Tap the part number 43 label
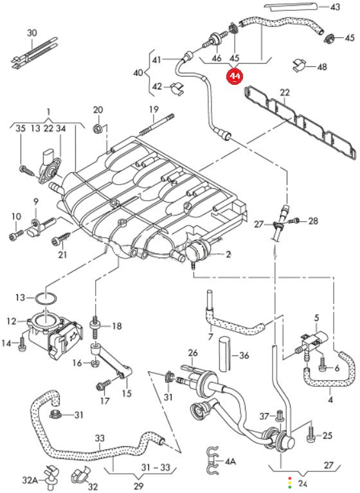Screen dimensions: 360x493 click(x=335, y=6)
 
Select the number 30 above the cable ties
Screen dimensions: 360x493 click(x=32, y=33)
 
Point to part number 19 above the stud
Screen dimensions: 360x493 click(x=154, y=109)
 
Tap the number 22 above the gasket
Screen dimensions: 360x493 click(x=285, y=93)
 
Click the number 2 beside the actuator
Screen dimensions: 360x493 click(x=228, y=253)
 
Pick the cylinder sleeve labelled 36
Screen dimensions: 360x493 click(x=224, y=354)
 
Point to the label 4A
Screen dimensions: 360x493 click(x=230, y=462)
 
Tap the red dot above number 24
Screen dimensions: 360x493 click(x=290, y=478)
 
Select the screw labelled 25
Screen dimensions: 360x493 click(x=310, y=432)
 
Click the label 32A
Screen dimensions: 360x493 click(x=30, y=480)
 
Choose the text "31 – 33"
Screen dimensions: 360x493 click(x=156, y=467)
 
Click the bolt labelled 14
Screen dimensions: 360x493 click(x=22, y=344)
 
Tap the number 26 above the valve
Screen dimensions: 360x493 click(x=193, y=353)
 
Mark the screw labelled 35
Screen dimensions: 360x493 click(x=26, y=170)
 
